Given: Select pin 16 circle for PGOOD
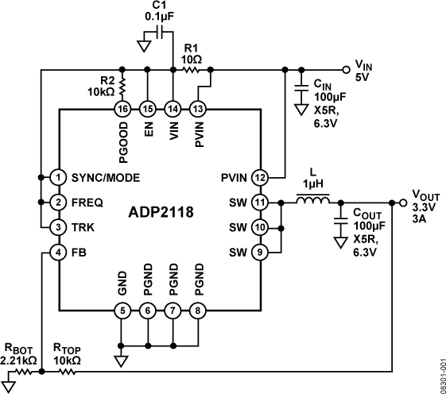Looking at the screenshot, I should point(122,108).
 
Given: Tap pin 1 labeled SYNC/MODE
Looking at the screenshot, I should point(59,176).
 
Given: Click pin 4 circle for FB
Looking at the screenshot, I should point(59,253).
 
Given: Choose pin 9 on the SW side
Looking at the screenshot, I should point(260,253).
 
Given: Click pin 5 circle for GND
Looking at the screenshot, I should point(122,310).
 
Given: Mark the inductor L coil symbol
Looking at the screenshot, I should point(313,202).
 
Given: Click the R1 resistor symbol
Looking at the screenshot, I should point(191,70).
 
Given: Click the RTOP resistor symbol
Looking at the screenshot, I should point(67,370).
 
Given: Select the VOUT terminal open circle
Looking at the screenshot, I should point(392,202).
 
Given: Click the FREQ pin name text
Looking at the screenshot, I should point(87,202).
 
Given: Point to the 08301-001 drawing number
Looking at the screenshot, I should point(440,369).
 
